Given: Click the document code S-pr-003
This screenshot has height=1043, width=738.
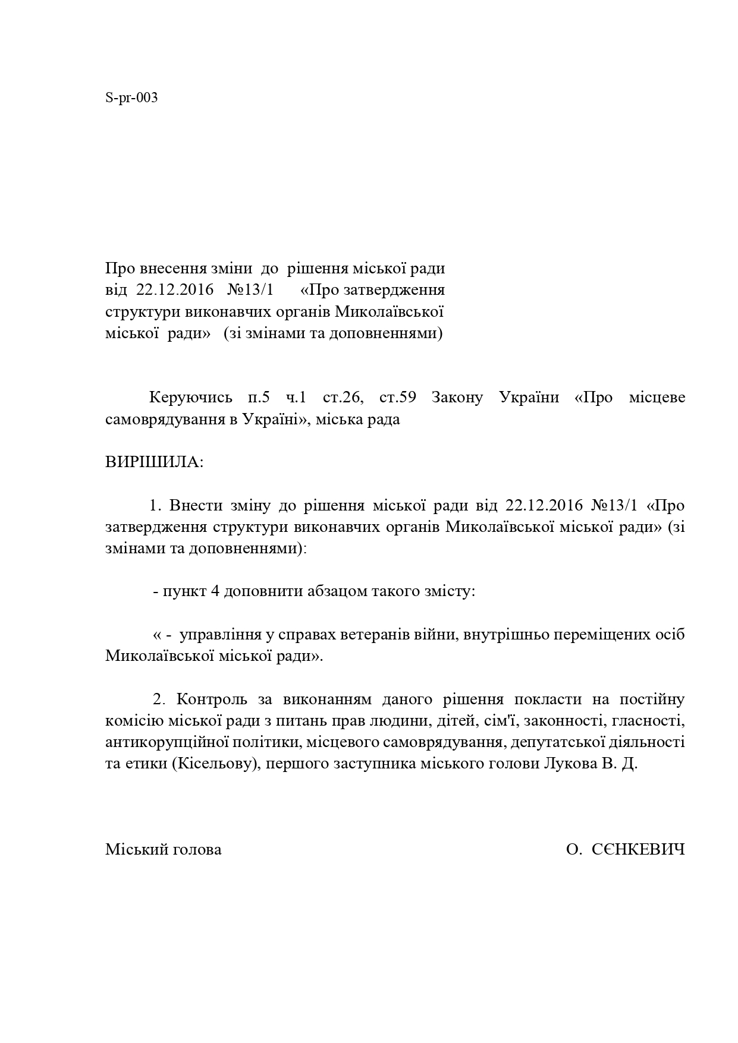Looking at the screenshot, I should pos(131,98).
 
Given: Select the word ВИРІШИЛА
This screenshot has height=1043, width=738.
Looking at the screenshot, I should pos(154,462).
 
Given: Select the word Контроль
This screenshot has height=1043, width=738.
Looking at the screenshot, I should pos(212,699).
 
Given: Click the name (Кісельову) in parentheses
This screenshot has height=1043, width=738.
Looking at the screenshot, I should pos(216,764).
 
